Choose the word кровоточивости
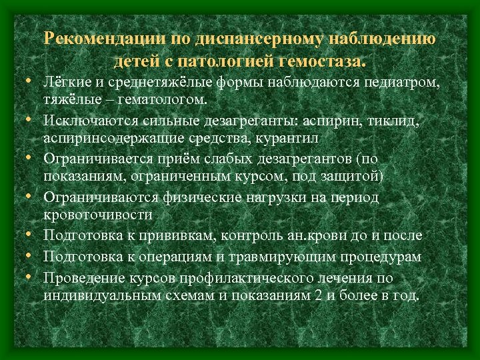(x=97, y=215)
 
